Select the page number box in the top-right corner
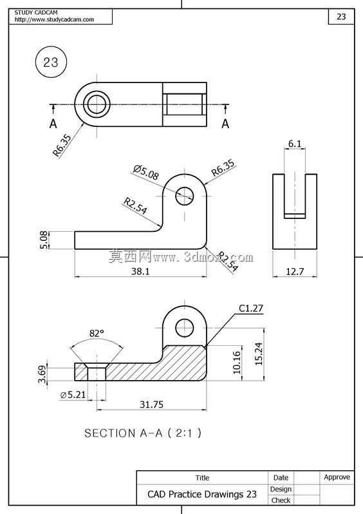point(341,17)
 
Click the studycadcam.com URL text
point(54,19)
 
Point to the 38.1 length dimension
point(140,271)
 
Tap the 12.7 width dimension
point(295,271)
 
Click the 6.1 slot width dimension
point(295,144)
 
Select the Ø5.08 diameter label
point(146,173)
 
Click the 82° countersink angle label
point(97,333)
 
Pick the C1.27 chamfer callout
point(250,308)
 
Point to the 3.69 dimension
point(42,374)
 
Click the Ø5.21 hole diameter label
point(73,395)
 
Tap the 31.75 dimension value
point(151,405)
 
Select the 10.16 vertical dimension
point(237,363)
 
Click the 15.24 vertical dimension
point(259,354)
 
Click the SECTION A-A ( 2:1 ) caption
point(143,433)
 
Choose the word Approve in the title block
point(337,477)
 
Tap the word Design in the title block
point(281,489)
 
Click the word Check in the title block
point(281,500)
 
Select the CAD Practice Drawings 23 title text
point(202,494)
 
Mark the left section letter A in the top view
point(53,124)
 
